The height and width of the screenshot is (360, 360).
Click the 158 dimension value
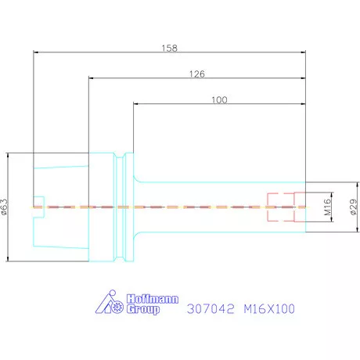coord(169,48)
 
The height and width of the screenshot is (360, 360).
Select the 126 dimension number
coord(197,74)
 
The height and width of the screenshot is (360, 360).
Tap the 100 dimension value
coord(219,99)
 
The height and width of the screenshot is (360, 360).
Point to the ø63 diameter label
coord(5,207)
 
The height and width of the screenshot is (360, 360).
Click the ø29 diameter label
coord(353,207)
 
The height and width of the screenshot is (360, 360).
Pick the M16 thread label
coord(327,207)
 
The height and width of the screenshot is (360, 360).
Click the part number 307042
coord(211,309)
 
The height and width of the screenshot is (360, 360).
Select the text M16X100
coord(269,309)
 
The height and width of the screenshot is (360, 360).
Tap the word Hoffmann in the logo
coord(153,299)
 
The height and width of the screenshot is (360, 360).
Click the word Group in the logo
coord(143,309)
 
